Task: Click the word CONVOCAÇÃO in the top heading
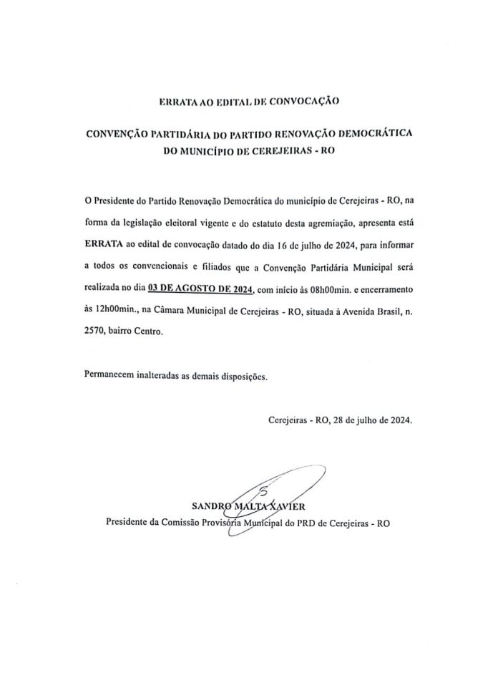pos(309,102)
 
